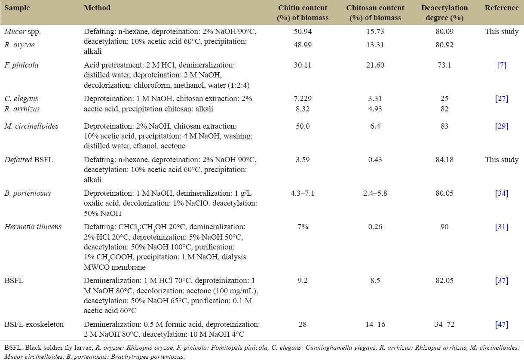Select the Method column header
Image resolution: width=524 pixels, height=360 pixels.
(x=97, y=8)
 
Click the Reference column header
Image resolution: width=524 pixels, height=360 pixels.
(x=502, y=8)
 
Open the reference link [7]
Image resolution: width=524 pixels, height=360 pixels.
(x=502, y=65)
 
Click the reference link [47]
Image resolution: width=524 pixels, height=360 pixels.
(x=502, y=324)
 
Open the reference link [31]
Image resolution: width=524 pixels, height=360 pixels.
(x=502, y=226)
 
